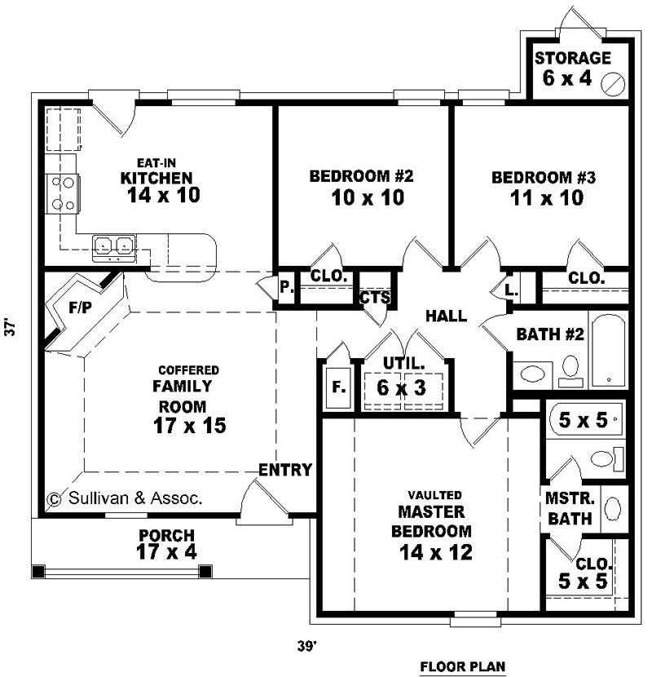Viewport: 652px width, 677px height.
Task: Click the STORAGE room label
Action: click(x=572, y=58)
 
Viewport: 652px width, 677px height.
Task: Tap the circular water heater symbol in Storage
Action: click(x=613, y=82)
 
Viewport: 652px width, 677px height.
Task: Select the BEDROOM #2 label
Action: click(x=356, y=176)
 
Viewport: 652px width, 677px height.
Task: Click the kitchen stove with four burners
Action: click(x=62, y=192)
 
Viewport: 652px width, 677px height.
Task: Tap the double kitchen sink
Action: click(x=113, y=245)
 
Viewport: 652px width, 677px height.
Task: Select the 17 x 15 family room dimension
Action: click(x=189, y=425)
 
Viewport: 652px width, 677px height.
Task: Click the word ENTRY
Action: click(x=285, y=470)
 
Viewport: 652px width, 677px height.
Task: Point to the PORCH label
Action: click(x=166, y=536)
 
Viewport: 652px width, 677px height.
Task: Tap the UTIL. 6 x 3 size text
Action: click(x=401, y=387)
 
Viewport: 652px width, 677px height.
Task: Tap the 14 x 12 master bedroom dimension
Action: click(x=436, y=552)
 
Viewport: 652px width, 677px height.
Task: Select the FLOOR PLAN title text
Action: click(x=463, y=666)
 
